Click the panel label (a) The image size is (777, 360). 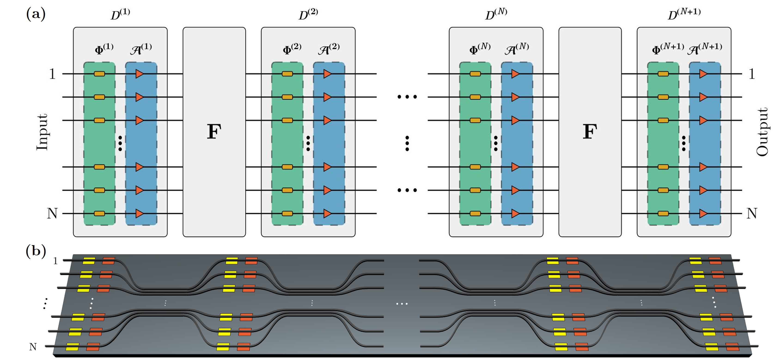click(36, 14)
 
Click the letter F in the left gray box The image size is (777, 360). click(214, 131)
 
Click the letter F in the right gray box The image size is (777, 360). click(590, 131)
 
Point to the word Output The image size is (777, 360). click(762, 132)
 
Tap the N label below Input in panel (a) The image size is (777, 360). click(52, 213)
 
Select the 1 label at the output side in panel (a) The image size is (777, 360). click(752, 74)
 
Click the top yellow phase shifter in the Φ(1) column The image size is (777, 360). click(99, 74)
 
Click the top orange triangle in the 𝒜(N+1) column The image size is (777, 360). click(703, 74)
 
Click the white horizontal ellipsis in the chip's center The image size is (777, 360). click(402, 304)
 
